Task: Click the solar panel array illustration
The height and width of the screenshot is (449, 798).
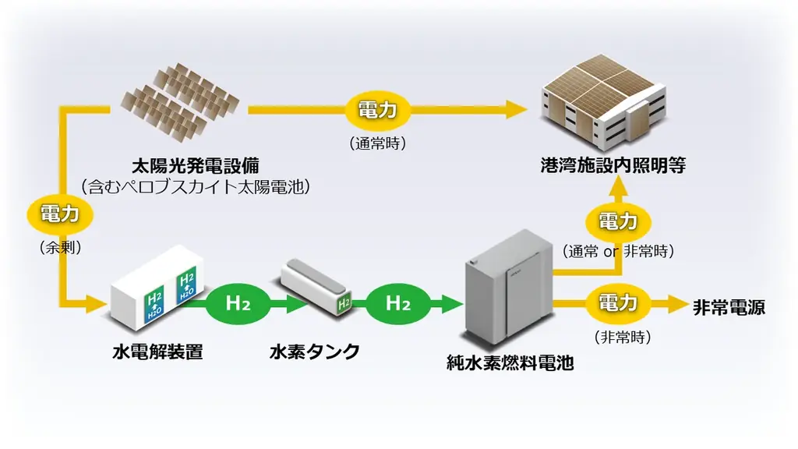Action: [180, 102]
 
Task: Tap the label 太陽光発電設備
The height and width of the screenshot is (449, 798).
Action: [196, 166]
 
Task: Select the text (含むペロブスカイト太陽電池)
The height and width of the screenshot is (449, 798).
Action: [196, 187]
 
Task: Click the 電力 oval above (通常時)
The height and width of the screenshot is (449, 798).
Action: [378, 109]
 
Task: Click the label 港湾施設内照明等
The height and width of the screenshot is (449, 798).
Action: [613, 166]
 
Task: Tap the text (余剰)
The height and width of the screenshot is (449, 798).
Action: [59, 247]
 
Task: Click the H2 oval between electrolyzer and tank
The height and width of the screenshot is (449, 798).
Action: [237, 303]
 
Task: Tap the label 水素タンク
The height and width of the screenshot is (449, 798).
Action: [316, 352]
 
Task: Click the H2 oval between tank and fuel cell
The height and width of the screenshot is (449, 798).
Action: [397, 303]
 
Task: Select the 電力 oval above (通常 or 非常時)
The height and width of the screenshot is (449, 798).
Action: [618, 221]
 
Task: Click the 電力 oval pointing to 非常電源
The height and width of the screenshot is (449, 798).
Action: [618, 303]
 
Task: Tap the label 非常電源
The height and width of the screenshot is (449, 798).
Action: [729, 307]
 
